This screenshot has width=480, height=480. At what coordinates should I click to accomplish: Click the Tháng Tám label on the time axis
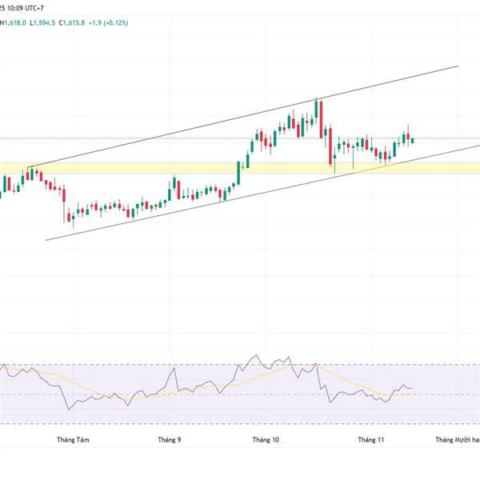69,439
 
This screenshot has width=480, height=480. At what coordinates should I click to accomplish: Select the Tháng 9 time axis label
169,439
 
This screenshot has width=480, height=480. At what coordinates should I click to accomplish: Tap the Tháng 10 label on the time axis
265,439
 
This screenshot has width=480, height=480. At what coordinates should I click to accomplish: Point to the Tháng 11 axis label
370,439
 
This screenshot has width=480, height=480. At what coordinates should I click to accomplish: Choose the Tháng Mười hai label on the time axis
457,439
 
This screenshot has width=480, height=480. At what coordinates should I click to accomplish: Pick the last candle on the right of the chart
413,142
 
